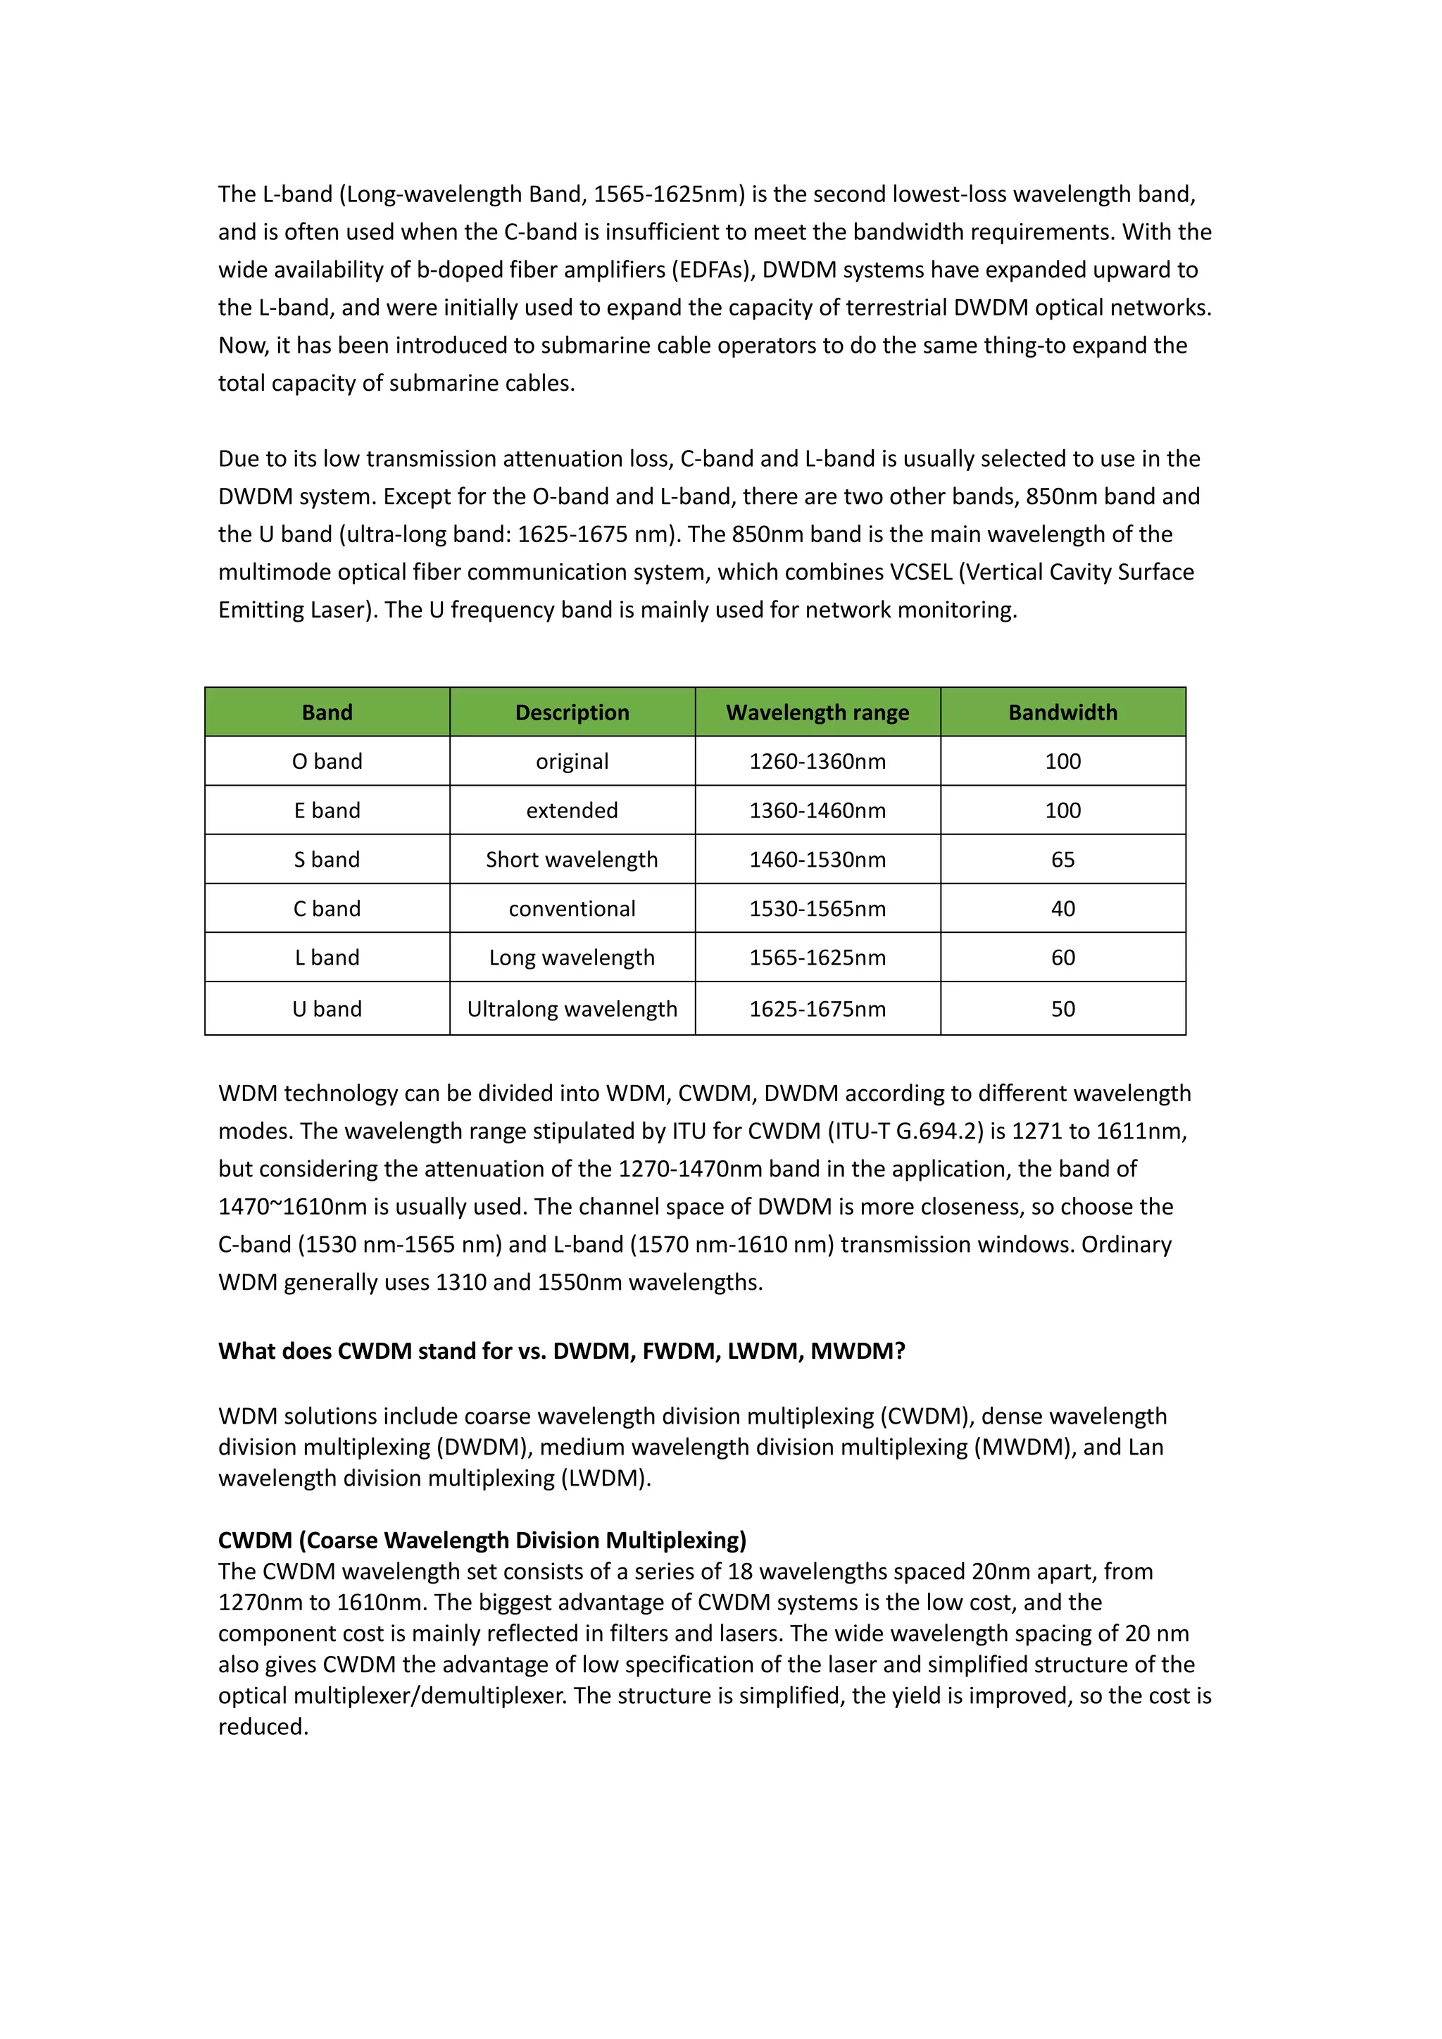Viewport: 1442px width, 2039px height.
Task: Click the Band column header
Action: tap(327, 713)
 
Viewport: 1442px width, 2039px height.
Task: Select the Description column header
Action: tap(572, 713)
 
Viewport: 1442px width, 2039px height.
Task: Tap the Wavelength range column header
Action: tap(817, 713)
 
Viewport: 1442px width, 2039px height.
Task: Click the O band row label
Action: tap(327, 761)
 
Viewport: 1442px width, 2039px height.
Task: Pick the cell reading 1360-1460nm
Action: tap(817, 810)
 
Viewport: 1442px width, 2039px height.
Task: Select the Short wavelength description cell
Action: tap(572, 860)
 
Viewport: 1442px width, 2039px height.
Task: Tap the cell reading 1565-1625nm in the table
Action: tap(817, 958)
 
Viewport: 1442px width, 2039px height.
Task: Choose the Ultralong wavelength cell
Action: tap(572, 1009)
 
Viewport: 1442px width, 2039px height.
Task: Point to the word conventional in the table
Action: tap(572, 908)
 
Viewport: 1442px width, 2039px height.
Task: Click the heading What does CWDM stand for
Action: tap(561, 1350)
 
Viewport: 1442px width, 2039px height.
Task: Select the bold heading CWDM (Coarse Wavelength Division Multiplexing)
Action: tap(482, 1540)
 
